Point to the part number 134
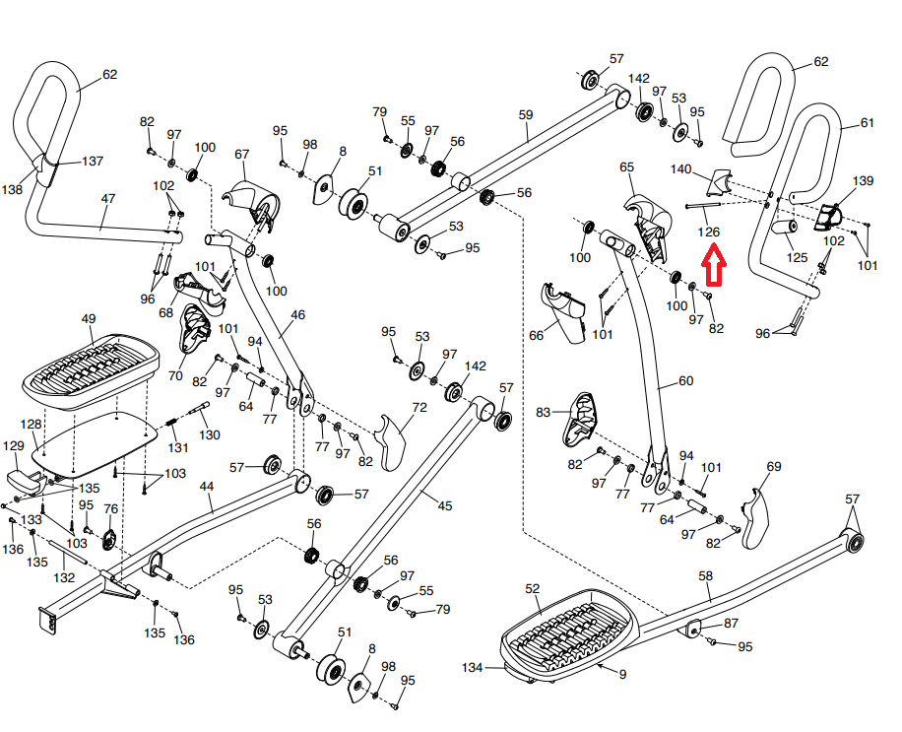click(474, 668)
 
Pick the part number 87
click(730, 624)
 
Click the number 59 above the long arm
click(525, 115)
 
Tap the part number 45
click(445, 506)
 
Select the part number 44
click(206, 487)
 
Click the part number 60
click(685, 381)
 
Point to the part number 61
click(867, 124)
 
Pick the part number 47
click(107, 198)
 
